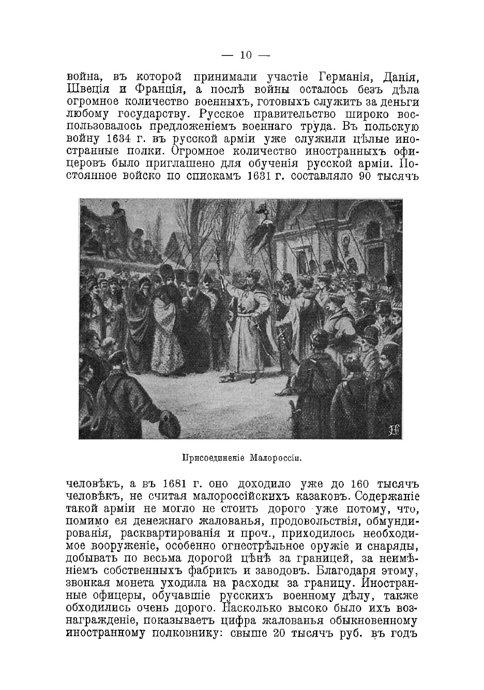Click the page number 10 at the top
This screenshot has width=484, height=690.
[245, 55]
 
